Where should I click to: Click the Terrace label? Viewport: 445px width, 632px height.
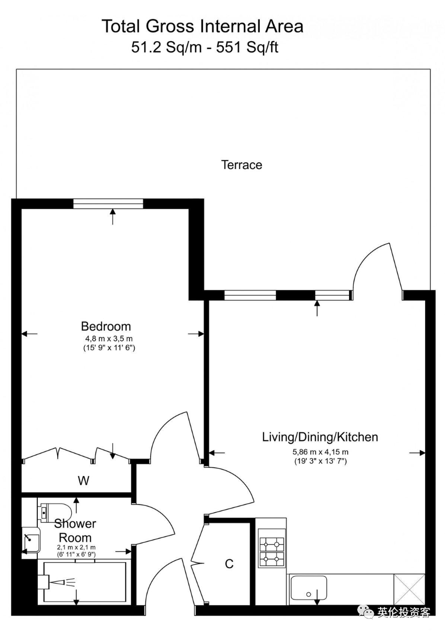(241, 165)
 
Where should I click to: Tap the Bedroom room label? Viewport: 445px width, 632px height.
(106, 327)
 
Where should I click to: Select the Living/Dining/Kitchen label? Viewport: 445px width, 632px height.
(320, 437)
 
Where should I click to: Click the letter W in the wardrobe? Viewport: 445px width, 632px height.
(84, 480)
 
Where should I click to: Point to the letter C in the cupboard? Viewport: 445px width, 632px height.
(229, 564)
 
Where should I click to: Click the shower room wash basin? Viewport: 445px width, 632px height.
(32, 540)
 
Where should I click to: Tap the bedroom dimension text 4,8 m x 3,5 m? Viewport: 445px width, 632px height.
(109, 339)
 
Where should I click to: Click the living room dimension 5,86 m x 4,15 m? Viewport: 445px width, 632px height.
(320, 452)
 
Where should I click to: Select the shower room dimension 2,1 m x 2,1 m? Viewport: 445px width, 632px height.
(76, 547)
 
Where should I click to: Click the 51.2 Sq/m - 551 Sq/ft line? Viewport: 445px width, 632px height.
(205, 47)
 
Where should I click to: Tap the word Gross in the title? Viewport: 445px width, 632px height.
(170, 26)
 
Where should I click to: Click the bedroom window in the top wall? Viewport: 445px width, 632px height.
(108, 204)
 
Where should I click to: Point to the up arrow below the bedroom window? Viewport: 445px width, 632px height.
(113, 217)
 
